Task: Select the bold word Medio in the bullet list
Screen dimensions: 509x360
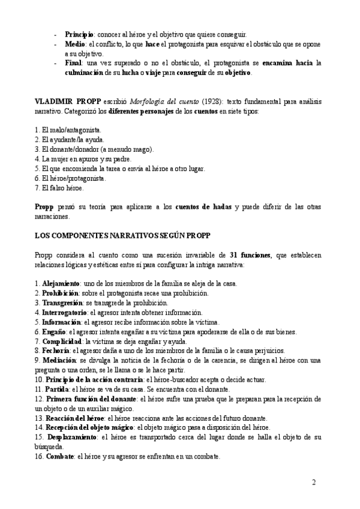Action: pos(75,44)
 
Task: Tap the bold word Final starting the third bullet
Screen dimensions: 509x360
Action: pos(74,63)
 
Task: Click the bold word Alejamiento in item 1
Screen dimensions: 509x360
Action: pos(61,283)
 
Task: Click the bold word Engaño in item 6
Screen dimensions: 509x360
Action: pos(55,331)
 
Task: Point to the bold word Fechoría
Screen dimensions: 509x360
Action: pos(57,351)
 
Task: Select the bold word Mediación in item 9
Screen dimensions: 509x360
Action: pos(59,360)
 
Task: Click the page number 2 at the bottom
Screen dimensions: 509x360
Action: pos(313,483)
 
